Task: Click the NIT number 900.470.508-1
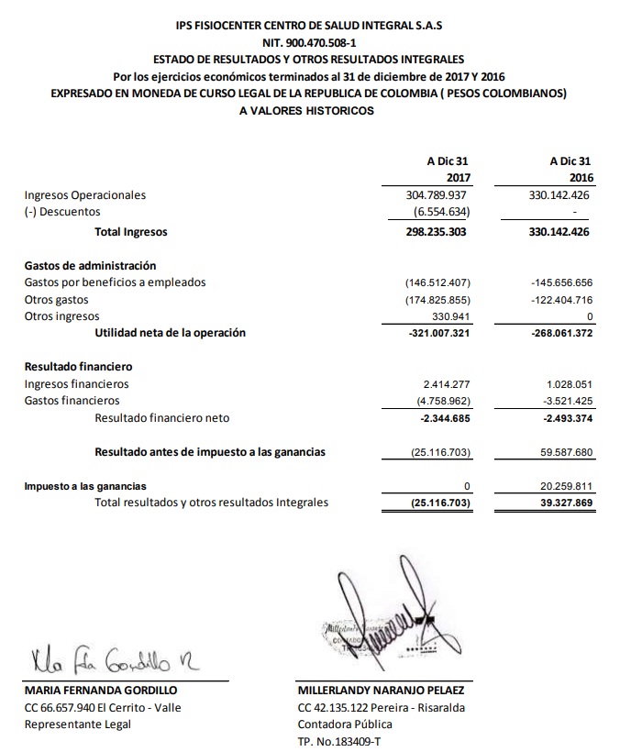point(315,42)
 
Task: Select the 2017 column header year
point(458,177)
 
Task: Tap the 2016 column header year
point(581,177)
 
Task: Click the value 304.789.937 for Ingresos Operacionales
point(437,195)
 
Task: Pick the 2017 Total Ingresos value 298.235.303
point(437,233)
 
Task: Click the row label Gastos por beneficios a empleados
point(116,282)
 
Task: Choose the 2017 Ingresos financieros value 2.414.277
point(446,383)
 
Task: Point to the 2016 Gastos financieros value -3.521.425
point(562,401)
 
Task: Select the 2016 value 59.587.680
point(562,451)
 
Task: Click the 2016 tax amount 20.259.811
point(562,486)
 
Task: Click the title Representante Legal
point(78,724)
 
